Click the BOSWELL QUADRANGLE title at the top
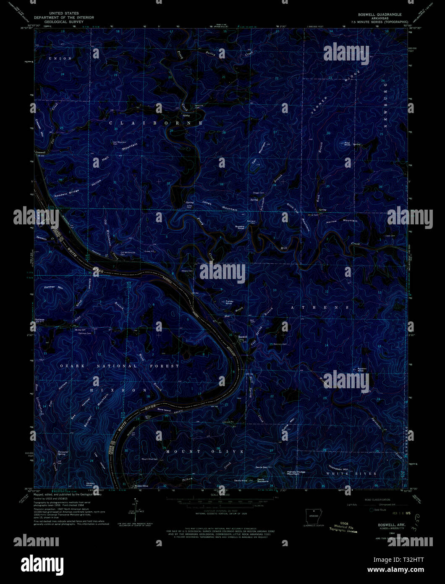(377, 14)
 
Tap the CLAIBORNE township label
(156, 123)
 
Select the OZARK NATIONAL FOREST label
(120, 366)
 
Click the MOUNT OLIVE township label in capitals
(204, 452)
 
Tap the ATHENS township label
(319, 308)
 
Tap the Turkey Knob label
(229, 302)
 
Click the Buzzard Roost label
(239, 227)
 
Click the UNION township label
(60, 58)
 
